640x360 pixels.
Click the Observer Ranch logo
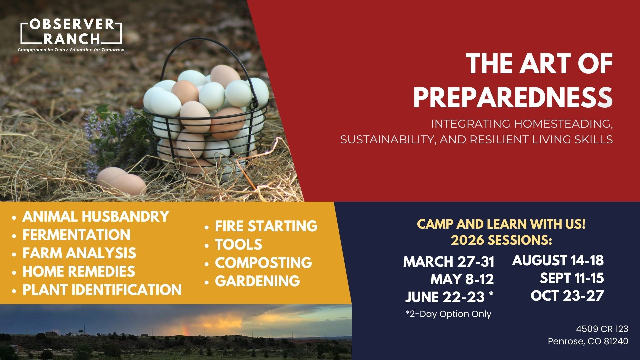coord(71,32)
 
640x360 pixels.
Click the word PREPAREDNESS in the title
coord(513,98)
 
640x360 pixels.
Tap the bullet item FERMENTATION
coord(76,235)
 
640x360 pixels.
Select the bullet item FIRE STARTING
coord(266,226)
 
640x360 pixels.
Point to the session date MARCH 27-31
coord(449,262)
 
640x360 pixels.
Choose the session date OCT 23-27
coord(567,295)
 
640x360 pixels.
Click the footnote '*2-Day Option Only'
coord(448,314)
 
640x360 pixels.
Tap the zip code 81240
coord(616,341)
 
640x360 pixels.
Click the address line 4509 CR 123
coord(602,329)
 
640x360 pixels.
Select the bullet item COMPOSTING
coord(263,263)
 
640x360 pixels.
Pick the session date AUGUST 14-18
coord(558,260)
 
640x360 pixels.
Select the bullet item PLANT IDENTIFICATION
coord(102,290)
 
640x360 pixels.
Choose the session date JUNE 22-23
coord(445,297)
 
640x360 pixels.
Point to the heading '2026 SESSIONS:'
coord(501,240)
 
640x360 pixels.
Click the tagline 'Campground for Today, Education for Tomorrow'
coord(71,50)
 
